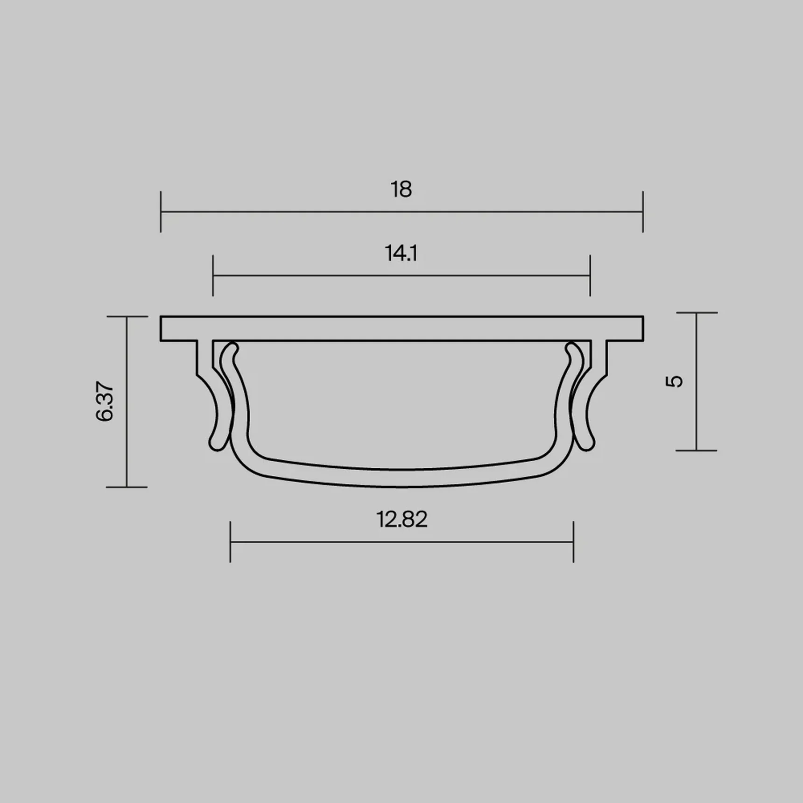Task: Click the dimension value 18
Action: click(401, 190)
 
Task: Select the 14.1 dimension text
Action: click(401, 253)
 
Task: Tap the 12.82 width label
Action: click(402, 519)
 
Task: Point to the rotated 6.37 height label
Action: click(105, 402)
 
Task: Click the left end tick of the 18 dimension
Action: click(161, 211)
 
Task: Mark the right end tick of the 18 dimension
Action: click(643, 211)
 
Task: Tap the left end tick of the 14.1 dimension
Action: click(213, 275)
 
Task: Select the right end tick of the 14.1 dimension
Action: click(590, 275)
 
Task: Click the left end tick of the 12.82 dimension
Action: click(230, 542)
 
